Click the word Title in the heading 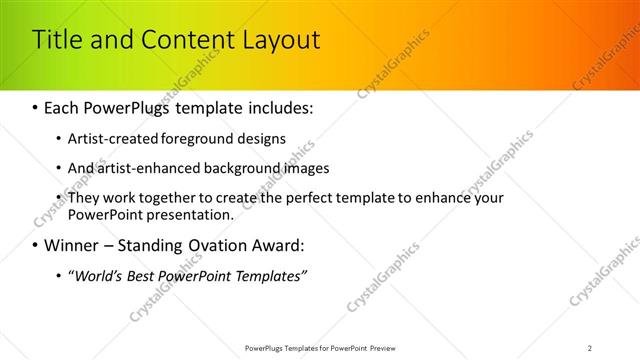(x=56, y=40)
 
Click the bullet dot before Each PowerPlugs (x=36, y=105)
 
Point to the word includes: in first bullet (x=277, y=105)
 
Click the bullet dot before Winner (x=36, y=245)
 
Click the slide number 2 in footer (x=590, y=348)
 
